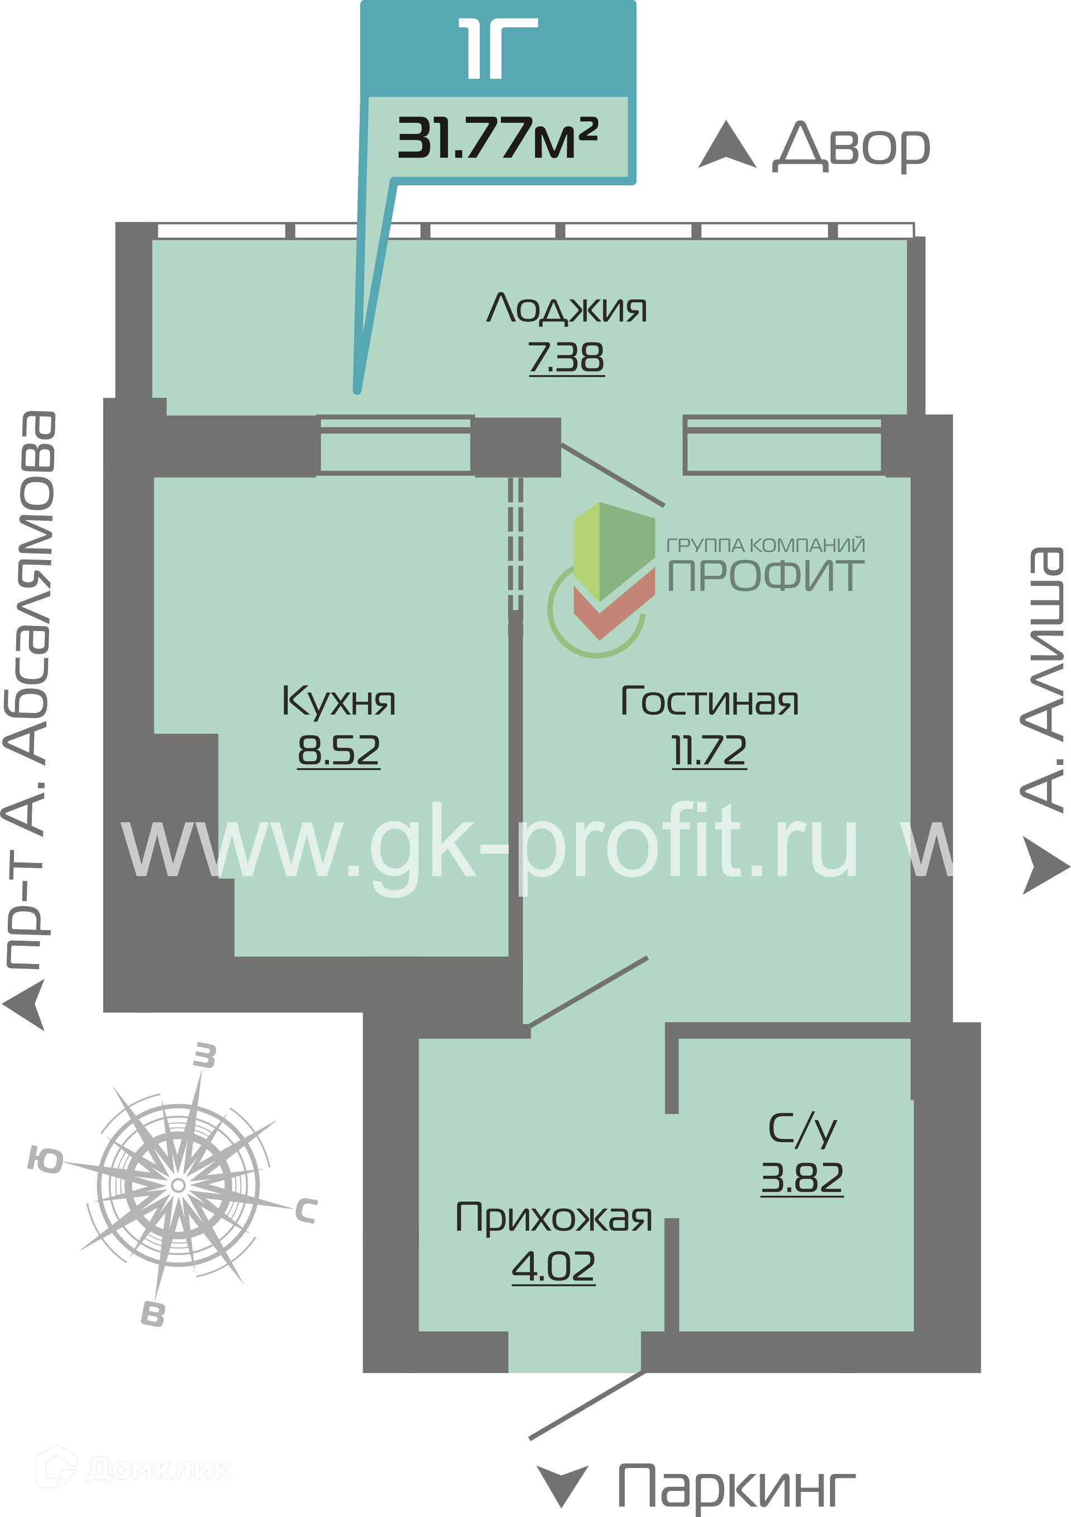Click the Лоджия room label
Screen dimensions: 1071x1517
click(x=566, y=309)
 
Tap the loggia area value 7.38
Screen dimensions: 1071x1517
click(x=566, y=358)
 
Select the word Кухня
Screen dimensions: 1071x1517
click(x=338, y=700)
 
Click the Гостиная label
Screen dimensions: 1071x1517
click(x=710, y=700)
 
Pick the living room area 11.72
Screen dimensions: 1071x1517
click(x=709, y=750)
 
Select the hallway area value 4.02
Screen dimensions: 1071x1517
click(x=554, y=1266)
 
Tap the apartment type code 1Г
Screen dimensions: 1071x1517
click(x=498, y=48)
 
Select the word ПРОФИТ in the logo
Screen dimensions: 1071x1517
click(x=766, y=575)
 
